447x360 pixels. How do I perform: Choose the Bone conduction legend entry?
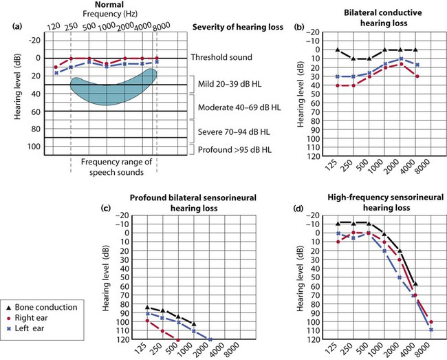pos(50,305)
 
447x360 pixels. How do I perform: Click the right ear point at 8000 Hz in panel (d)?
pos(431,322)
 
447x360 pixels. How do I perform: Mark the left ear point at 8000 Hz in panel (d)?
pos(431,330)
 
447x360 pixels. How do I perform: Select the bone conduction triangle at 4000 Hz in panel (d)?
pos(415,284)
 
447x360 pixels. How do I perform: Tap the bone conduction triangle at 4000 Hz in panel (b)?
pos(415,50)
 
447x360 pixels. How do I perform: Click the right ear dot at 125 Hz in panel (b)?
pos(337,85)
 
